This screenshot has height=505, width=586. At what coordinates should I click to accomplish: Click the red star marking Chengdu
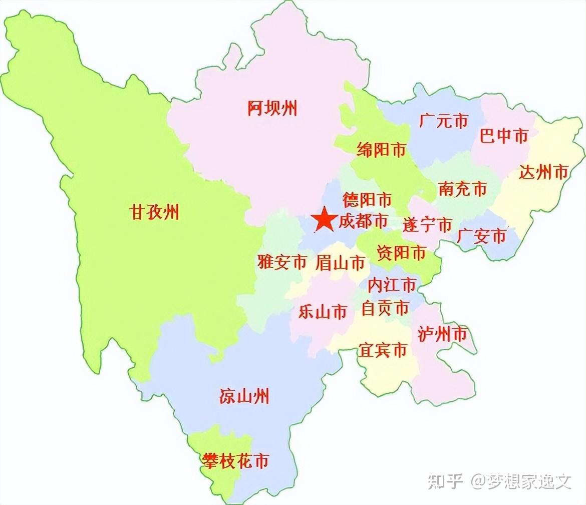325,220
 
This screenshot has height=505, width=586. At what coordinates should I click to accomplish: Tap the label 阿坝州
272,108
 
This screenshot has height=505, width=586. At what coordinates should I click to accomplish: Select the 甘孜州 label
154,212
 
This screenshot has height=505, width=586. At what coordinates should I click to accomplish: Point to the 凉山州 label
244,396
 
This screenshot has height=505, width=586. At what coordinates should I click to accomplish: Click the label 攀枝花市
235,460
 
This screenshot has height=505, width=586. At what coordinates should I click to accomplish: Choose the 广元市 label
444,121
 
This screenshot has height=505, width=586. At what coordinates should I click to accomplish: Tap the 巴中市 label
504,135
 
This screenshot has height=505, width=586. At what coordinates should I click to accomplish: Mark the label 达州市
544,172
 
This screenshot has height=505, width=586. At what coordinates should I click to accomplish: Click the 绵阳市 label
381,149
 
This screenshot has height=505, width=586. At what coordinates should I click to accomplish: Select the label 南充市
462,189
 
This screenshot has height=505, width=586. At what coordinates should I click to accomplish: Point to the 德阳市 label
367,200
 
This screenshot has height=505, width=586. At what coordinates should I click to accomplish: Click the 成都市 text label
363,221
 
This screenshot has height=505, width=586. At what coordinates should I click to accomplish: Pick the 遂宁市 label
427,225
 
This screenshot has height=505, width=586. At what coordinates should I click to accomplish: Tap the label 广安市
481,235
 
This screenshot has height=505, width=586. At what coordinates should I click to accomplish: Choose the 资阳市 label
401,253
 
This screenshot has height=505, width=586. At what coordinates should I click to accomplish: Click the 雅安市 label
282,262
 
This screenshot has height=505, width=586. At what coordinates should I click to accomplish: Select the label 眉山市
340,263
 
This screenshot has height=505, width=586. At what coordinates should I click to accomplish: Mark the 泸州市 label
442,334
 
